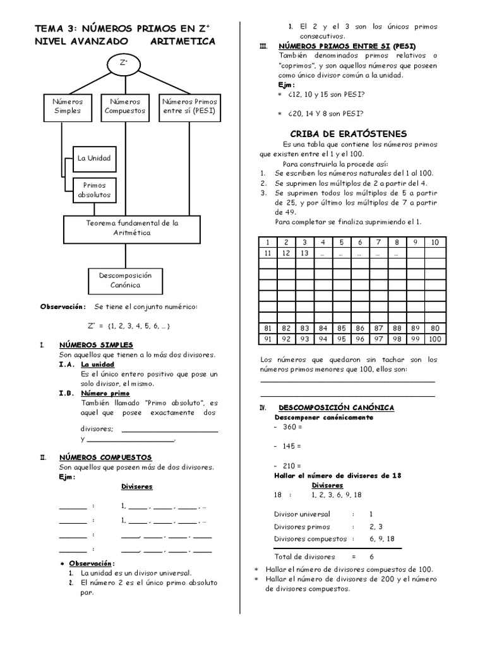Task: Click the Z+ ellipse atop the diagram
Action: tap(124, 63)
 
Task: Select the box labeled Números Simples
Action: tap(68, 106)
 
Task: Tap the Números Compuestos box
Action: tap(125, 106)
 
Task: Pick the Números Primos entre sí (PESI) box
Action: tap(189, 106)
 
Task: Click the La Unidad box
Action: tap(93, 158)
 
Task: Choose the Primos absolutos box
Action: tap(93, 190)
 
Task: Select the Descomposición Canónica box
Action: tap(125, 280)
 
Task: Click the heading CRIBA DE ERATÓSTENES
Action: tap(348, 134)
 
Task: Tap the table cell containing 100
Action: tap(434, 339)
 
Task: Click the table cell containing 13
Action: tap(304, 253)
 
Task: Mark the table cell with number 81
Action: tap(268, 329)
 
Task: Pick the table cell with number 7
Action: tap(378, 242)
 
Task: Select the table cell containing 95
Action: tap(342, 339)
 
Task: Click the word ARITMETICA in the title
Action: tap(184, 42)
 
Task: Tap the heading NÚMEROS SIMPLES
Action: tap(96, 345)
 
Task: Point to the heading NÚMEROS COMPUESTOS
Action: tap(105, 457)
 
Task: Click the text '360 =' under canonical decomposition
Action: tap(292, 427)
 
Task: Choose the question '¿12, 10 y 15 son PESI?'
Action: tap(325, 94)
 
